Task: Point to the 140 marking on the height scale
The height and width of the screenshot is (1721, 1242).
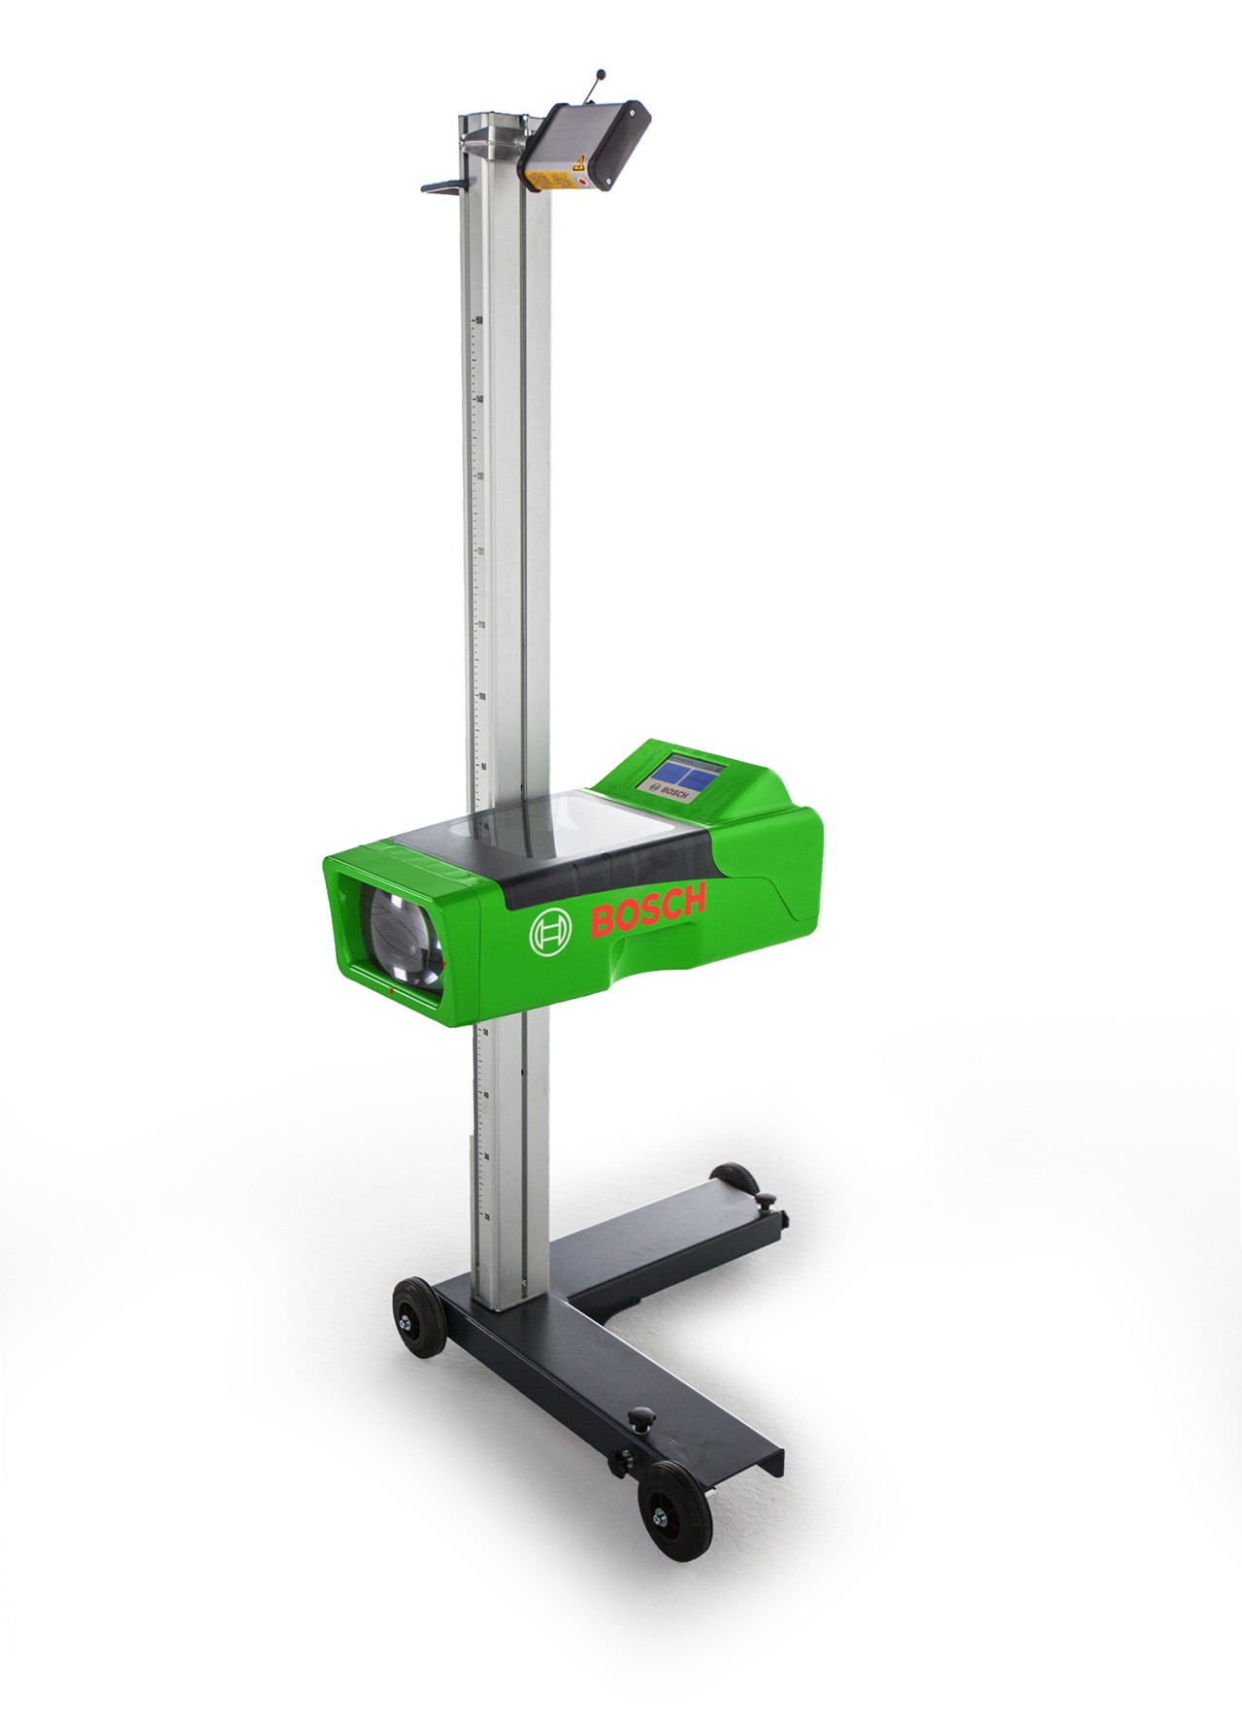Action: click(x=478, y=399)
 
